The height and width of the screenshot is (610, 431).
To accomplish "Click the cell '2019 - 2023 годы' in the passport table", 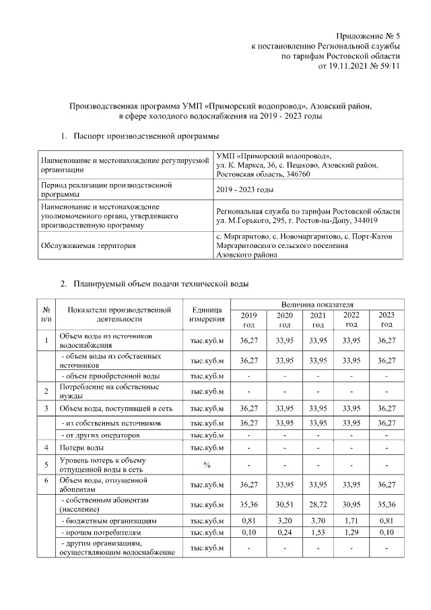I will coord(245,189).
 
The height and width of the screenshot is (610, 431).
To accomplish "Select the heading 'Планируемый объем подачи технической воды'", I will coord(162,284).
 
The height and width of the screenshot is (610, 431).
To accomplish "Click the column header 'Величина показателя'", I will coord(313,305).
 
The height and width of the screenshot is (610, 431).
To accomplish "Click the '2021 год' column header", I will coord(317,319).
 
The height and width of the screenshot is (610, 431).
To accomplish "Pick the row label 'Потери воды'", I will coord(81,448).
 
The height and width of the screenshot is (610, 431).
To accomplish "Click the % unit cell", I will coord(207,464).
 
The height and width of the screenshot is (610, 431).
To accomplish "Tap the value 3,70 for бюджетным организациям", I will coord(317,521).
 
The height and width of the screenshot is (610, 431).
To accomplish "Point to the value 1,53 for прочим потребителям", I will coord(317,534).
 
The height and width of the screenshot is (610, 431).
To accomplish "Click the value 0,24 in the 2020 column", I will coord(284,534).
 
